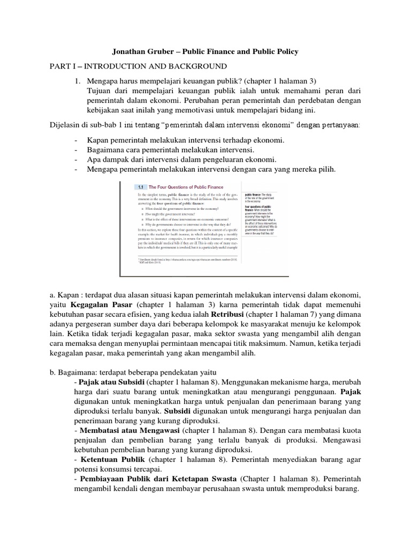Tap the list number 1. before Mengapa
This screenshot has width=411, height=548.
(x=78, y=80)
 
